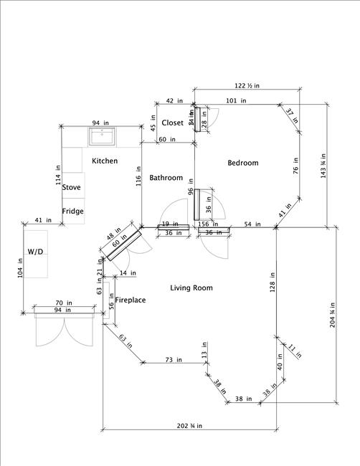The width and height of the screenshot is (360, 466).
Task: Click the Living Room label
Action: tap(191, 287)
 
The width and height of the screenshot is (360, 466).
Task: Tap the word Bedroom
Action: tap(242, 163)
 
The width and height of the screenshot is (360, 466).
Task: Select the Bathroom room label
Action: tap(166, 178)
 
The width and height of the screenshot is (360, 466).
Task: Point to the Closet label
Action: tap(172, 123)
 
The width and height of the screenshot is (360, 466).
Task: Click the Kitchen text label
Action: tap(104, 161)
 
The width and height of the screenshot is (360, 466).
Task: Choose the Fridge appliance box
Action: tap(73, 211)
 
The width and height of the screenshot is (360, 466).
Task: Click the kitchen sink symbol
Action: tap(105, 135)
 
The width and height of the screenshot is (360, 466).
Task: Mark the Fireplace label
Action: tap(131, 300)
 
